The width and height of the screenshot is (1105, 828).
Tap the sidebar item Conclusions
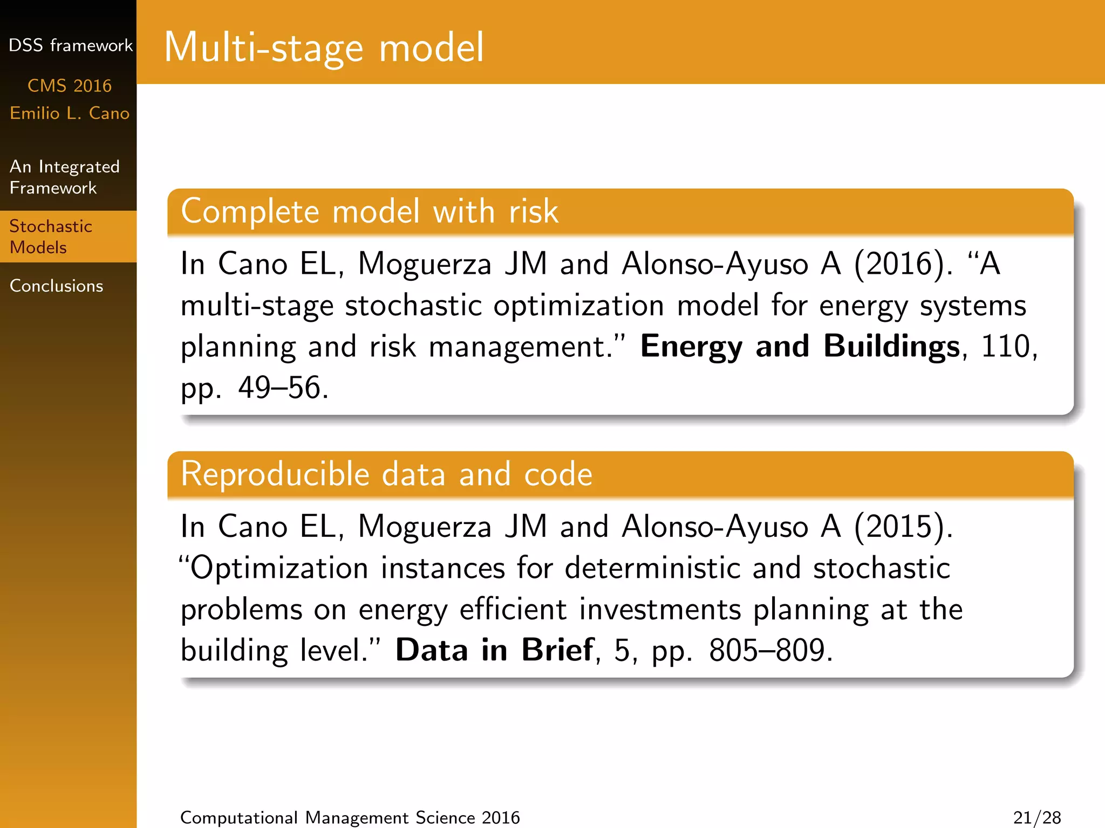coord(56,286)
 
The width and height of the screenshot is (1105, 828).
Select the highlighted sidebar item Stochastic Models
coord(51,237)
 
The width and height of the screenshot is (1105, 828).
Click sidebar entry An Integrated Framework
coord(64,177)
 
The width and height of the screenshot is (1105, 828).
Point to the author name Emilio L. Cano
coord(70,113)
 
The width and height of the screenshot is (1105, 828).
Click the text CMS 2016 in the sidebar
coord(70,86)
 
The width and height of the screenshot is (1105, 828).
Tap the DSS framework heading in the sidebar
coord(70,45)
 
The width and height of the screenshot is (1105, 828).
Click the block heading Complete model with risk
coord(369,211)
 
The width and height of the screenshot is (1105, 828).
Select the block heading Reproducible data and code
coord(386,474)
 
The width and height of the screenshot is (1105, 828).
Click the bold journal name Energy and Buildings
coord(800,346)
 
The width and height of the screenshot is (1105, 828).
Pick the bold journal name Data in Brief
coord(494,650)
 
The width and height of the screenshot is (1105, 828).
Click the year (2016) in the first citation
coord(903,264)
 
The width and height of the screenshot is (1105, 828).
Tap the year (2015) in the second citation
coord(903,527)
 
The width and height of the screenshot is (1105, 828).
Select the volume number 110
coord(1005,346)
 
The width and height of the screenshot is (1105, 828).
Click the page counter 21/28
coord(1036,817)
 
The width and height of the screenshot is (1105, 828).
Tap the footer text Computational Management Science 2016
coord(350,817)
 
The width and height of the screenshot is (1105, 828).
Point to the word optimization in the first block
coord(578,306)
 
